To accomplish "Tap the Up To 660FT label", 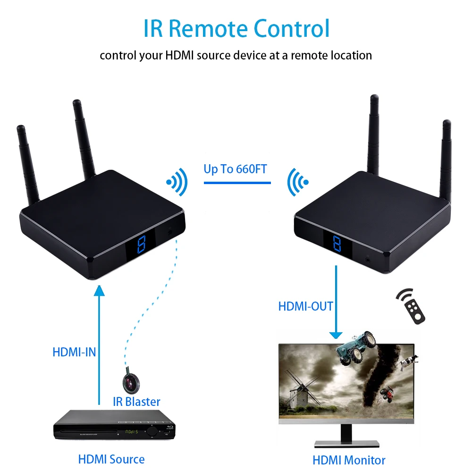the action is (x=236, y=169).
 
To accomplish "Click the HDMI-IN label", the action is (x=74, y=352).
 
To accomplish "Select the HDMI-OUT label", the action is (x=306, y=306).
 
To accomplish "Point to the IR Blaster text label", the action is (x=136, y=402).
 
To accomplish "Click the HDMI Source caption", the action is (x=111, y=459).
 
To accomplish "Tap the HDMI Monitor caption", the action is (x=349, y=460).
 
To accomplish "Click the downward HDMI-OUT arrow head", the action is (x=336, y=335).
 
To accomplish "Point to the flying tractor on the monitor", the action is (x=357, y=344).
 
